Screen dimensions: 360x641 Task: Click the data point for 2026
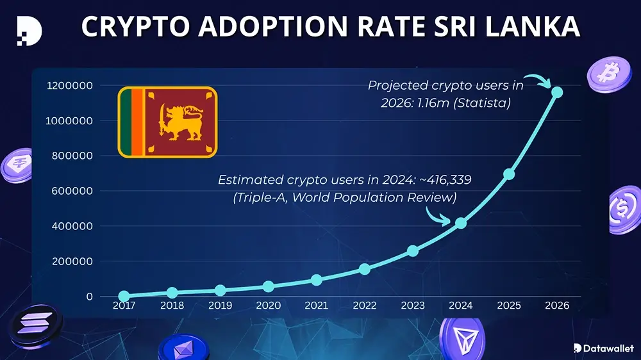click(557, 92)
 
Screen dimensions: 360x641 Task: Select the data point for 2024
click(461, 223)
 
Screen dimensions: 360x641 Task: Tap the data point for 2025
click(509, 174)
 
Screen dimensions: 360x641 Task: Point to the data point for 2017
click(124, 297)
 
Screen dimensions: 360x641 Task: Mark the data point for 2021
click(316, 280)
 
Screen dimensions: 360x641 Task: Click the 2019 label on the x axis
click(220, 306)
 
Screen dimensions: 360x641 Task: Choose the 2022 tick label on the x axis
click(364, 306)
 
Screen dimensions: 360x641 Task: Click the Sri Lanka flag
click(167, 122)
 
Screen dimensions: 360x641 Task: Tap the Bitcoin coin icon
click(604, 74)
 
